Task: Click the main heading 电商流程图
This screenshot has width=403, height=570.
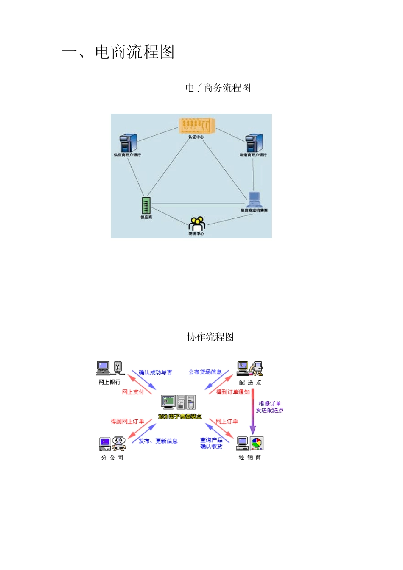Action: coord(118,52)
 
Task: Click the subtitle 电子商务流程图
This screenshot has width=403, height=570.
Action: coord(218,88)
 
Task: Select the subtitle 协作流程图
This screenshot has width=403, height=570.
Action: coord(210,337)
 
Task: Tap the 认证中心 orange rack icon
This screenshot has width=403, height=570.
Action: coord(197,126)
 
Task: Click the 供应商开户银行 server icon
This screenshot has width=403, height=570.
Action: coord(128,143)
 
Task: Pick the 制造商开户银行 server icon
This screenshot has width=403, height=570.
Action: coord(254,143)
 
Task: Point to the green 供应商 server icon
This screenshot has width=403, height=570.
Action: coord(146,206)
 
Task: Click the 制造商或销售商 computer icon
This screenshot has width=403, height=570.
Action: coord(254,199)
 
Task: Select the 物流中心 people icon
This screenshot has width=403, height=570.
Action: coord(197,224)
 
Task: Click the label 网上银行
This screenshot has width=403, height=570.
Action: coord(109,382)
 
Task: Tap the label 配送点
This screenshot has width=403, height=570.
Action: coord(250,383)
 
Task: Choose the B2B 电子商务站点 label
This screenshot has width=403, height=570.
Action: coord(180,417)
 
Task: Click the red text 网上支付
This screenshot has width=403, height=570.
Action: coord(133,392)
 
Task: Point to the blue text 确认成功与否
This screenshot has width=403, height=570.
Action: coord(155,372)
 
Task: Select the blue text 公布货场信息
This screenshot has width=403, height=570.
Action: coord(205,372)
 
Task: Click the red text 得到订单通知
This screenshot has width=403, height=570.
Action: coord(233,392)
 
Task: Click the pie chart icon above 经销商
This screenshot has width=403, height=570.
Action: coord(257,443)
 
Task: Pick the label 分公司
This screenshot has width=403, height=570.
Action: coord(112,458)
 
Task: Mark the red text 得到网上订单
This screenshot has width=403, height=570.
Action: coord(127,421)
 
